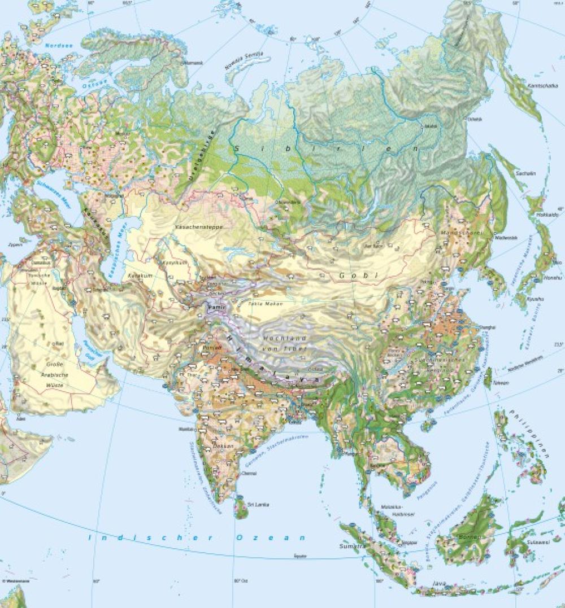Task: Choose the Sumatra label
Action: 350,547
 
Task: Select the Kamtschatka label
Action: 538,86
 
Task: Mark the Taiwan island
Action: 488,378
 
